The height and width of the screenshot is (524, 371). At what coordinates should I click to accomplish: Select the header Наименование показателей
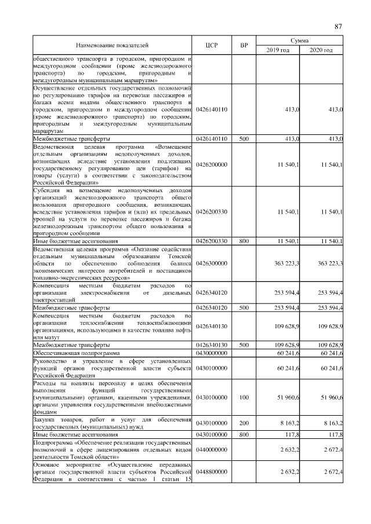coord(112,46)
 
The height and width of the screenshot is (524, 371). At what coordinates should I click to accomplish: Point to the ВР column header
coord(243,46)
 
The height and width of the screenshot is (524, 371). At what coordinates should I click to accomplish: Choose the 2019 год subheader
coord(278,51)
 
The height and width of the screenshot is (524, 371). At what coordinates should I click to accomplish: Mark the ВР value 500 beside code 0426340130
coord(243,345)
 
